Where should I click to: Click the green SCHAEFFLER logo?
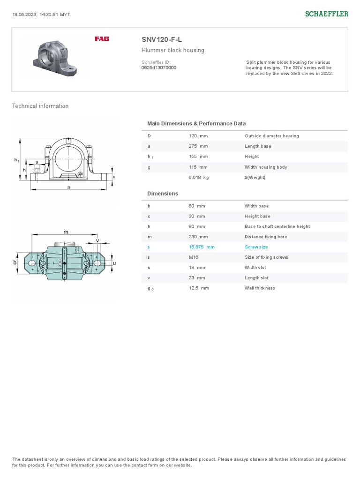pos(327,14)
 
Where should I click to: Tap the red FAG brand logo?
pos(102,39)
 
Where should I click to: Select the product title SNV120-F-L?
pos(162,39)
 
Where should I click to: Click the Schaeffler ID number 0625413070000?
pos(159,67)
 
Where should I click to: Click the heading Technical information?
pos(40,106)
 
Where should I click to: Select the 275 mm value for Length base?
pos(198,146)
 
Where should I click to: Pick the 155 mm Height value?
pos(198,157)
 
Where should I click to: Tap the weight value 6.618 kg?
pos(199,177)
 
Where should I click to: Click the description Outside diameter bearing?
pos(271,136)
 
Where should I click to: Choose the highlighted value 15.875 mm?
pos(202,247)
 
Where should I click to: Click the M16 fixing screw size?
pos(193,257)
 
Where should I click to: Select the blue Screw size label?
pos(256,247)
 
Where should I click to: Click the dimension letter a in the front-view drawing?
pos(68,187)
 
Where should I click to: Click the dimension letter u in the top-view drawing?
pos(114,263)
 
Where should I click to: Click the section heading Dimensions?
pos(163,194)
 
